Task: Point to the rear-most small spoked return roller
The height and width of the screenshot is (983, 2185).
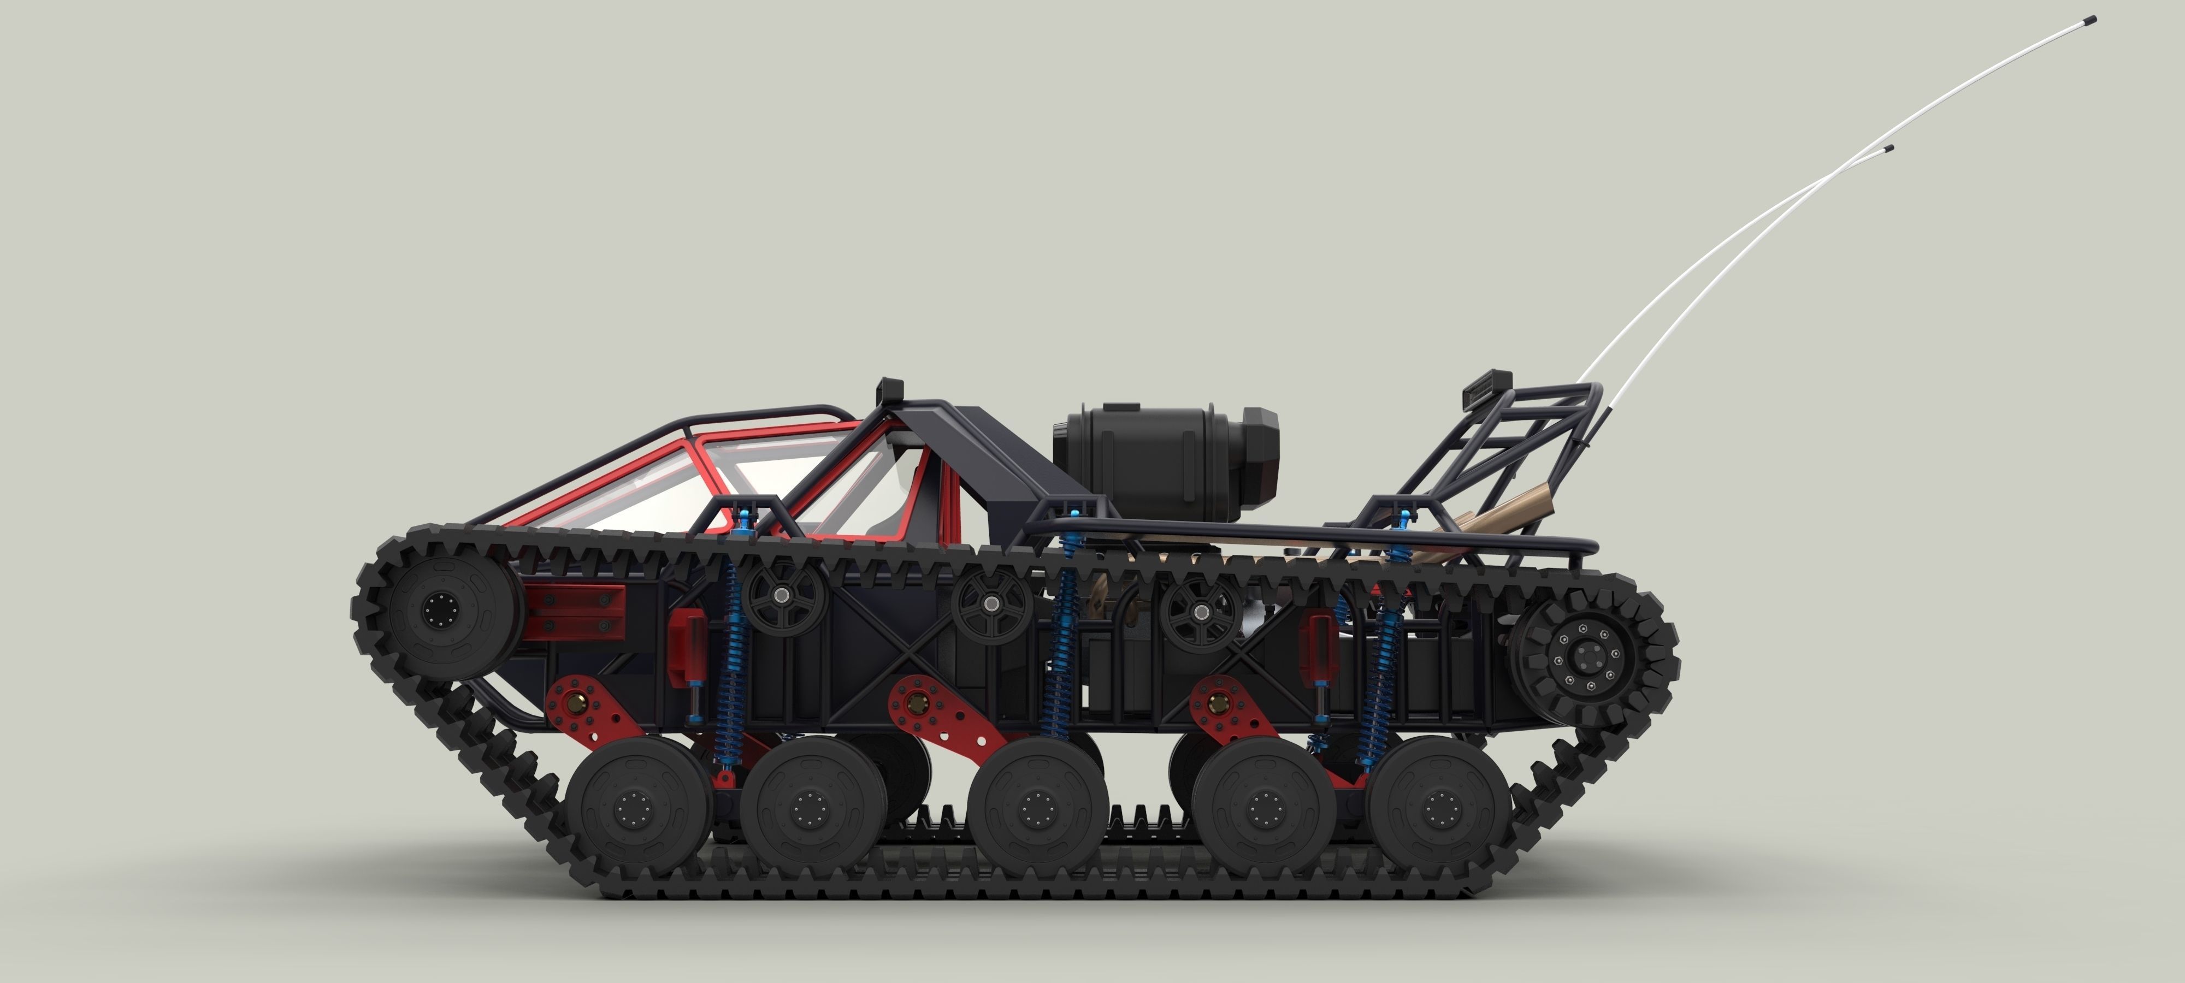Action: click(x=1201, y=610)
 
